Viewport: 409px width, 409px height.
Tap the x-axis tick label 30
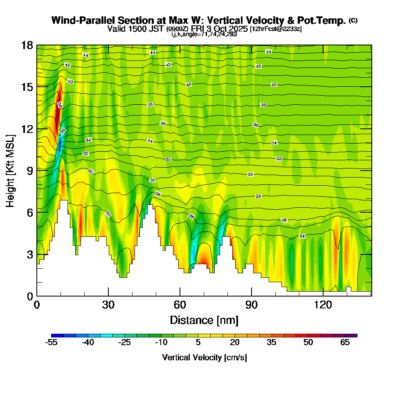(108, 305)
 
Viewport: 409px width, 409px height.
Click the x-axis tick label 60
(180, 305)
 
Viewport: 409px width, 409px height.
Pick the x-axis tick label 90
(252, 305)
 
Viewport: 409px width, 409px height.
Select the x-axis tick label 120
(323, 305)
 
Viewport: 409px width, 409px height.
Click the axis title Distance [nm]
(204, 319)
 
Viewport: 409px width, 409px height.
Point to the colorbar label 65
(345, 343)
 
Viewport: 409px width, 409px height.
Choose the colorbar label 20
(235, 343)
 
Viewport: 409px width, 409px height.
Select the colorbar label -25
(124, 343)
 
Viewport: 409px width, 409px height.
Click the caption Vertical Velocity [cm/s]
(204, 357)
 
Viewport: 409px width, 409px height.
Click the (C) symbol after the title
(353, 20)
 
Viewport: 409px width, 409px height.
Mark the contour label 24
(302, 236)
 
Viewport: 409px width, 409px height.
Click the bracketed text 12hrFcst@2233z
(276, 29)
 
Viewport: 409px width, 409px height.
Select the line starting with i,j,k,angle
(204, 34)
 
